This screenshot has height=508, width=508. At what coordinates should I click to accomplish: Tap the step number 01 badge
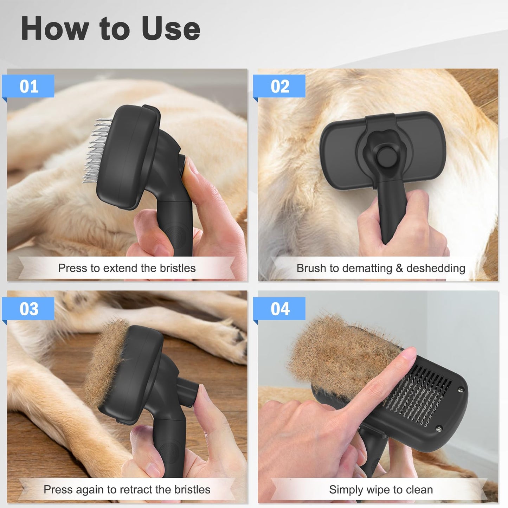coord(29,86)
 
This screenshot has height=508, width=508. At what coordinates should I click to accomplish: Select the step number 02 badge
coord(280,86)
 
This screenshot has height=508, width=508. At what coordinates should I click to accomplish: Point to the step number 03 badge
coord(29,309)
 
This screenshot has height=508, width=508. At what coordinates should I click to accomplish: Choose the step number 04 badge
coord(280,309)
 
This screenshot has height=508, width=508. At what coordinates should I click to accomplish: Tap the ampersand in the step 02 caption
coord(399,268)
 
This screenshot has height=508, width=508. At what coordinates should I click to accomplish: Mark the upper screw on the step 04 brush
coord(461,390)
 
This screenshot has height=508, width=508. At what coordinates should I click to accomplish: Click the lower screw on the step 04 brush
coord(438,429)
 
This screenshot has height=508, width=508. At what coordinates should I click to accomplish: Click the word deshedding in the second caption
coord(436,268)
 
